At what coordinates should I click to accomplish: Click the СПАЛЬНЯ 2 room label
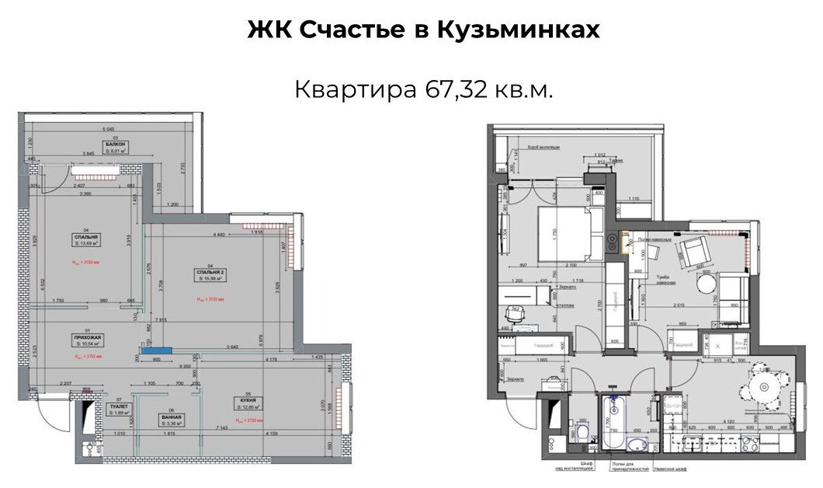tap(210, 273)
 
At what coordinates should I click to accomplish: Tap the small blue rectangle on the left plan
tap(162, 351)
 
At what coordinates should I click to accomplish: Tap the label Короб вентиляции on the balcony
tap(544, 145)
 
